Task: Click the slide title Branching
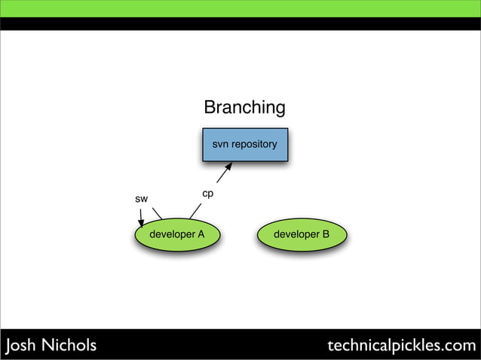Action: coord(244,108)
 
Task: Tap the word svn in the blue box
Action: coord(220,144)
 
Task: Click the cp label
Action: coord(208,194)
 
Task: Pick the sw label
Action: coord(141,199)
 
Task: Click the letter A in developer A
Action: coord(201,234)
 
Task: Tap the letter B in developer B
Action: coord(325,234)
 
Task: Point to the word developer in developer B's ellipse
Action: coord(296,234)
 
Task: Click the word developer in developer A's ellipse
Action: coord(172,234)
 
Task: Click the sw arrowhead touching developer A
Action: coord(141,224)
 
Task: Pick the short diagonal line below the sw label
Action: coord(157,213)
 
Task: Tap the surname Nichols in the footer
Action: coord(69,346)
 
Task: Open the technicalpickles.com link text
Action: coord(402,346)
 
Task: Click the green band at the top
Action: coord(240,8)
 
